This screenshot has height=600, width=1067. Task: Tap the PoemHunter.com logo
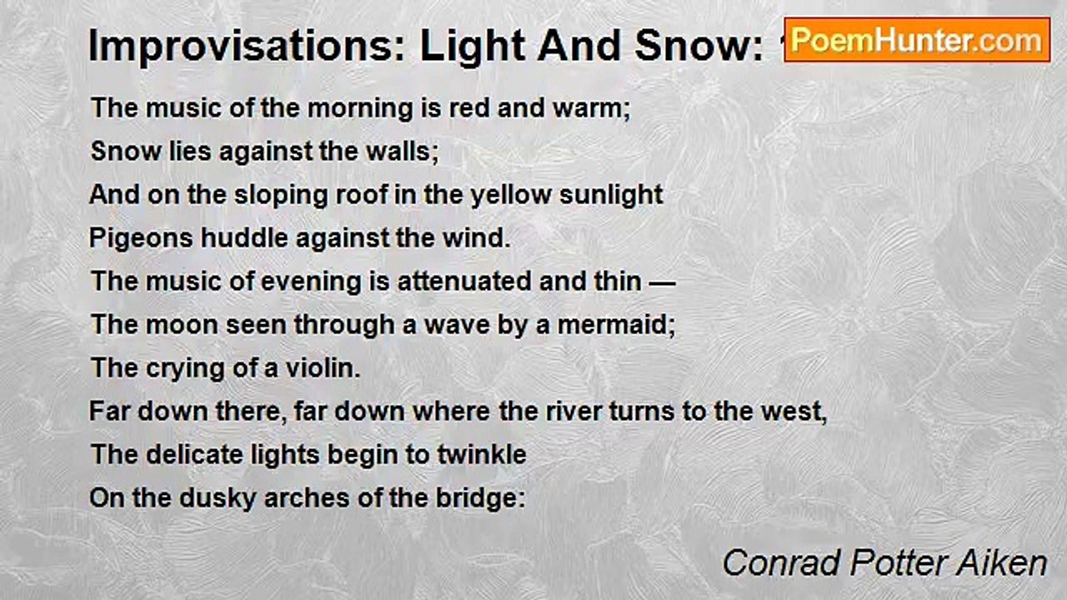click(917, 39)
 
